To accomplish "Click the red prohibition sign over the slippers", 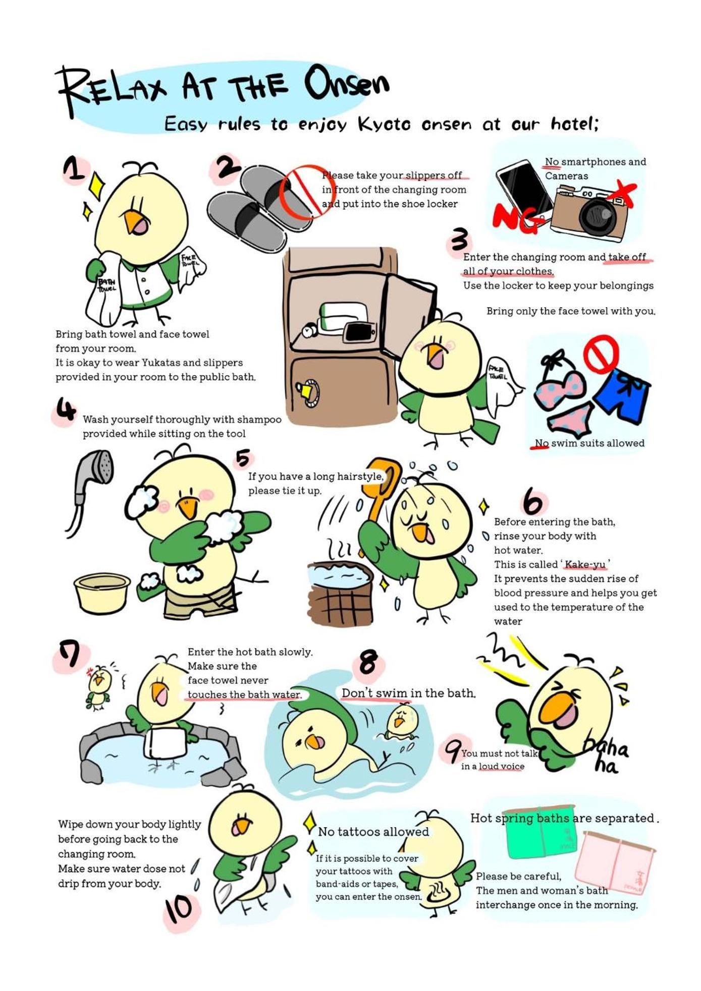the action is (x=303, y=192).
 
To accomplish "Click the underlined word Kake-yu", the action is (x=585, y=564).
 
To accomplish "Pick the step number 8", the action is (x=369, y=663).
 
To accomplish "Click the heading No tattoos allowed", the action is (x=373, y=832).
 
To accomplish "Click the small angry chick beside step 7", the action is (x=99, y=686).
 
